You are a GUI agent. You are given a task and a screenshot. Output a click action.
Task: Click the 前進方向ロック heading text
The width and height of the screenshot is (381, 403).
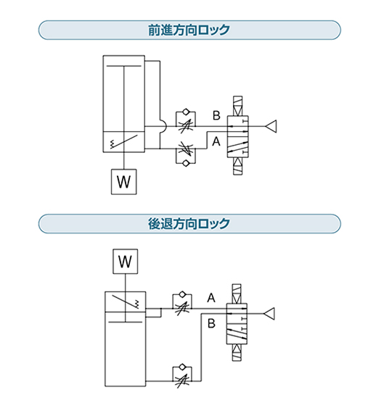click(x=189, y=30)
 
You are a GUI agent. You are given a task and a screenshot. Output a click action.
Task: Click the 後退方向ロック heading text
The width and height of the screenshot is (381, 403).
click(x=189, y=223)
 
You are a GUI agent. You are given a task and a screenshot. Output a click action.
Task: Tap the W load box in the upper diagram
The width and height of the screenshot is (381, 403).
click(x=124, y=182)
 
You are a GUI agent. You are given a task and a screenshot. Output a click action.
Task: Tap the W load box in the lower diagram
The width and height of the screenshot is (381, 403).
click(x=126, y=262)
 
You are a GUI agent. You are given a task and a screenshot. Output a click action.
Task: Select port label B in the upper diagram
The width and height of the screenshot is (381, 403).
click(x=216, y=115)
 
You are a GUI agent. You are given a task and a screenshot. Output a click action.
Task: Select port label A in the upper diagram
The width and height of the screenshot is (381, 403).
click(x=216, y=141)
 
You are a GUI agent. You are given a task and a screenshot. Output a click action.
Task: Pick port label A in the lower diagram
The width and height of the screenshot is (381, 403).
click(x=211, y=298)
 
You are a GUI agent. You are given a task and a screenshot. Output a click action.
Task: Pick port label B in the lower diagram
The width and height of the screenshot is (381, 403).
click(x=211, y=323)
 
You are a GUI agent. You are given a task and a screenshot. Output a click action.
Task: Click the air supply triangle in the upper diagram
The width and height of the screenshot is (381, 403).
click(x=271, y=126)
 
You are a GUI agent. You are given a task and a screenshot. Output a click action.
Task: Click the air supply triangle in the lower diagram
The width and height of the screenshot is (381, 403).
click(x=269, y=314)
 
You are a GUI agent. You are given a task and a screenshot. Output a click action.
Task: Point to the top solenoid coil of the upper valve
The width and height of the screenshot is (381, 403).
click(x=237, y=106)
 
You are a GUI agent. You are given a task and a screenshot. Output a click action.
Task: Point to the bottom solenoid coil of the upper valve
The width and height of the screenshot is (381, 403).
click(x=237, y=166)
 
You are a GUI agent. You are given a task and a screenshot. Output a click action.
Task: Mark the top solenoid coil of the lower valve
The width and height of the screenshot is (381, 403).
click(x=237, y=294)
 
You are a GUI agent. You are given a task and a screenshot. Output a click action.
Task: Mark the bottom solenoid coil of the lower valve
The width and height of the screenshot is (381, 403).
click(x=237, y=352)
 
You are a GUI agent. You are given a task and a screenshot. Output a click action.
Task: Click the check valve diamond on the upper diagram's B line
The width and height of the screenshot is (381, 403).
click(x=186, y=112)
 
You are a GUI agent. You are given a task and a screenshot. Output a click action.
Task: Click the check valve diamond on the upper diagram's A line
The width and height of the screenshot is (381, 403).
click(x=186, y=163)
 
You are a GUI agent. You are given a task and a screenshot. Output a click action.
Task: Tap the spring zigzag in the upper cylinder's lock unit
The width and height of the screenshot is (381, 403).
click(x=112, y=144)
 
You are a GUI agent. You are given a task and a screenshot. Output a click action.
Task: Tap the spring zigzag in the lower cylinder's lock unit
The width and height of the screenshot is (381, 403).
click(x=137, y=304)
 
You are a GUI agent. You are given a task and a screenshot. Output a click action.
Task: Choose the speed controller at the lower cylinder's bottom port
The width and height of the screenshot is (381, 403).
click(x=182, y=375)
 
